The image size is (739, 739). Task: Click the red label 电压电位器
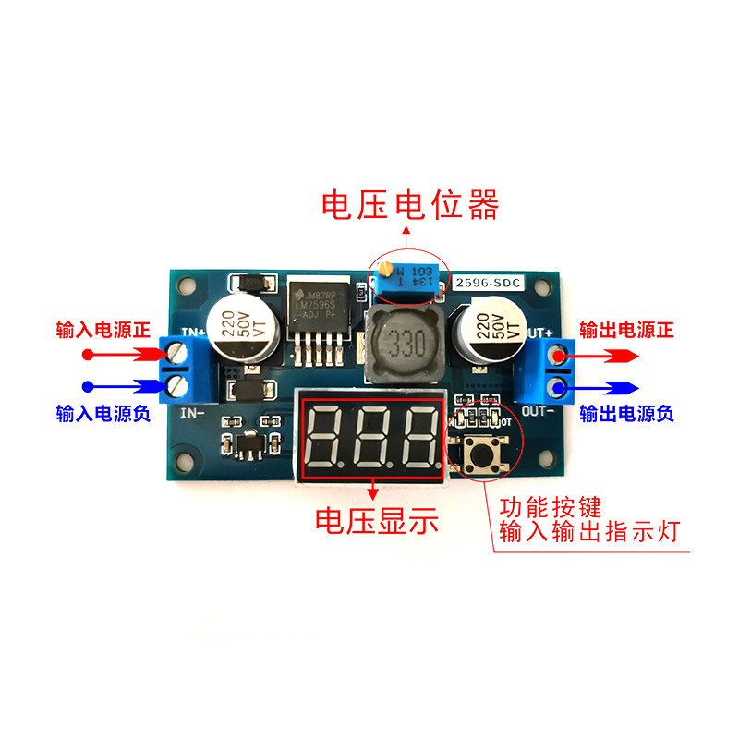point(409,204)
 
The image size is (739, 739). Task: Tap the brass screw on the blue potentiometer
point(386,272)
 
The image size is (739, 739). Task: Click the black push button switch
point(481,453)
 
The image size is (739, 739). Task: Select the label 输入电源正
point(103,330)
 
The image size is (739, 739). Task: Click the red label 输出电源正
point(626,330)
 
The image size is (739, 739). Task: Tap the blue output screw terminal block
point(557,369)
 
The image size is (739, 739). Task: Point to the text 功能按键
point(551,507)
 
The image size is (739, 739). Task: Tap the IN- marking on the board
point(191,413)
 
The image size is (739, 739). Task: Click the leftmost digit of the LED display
point(328,435)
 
